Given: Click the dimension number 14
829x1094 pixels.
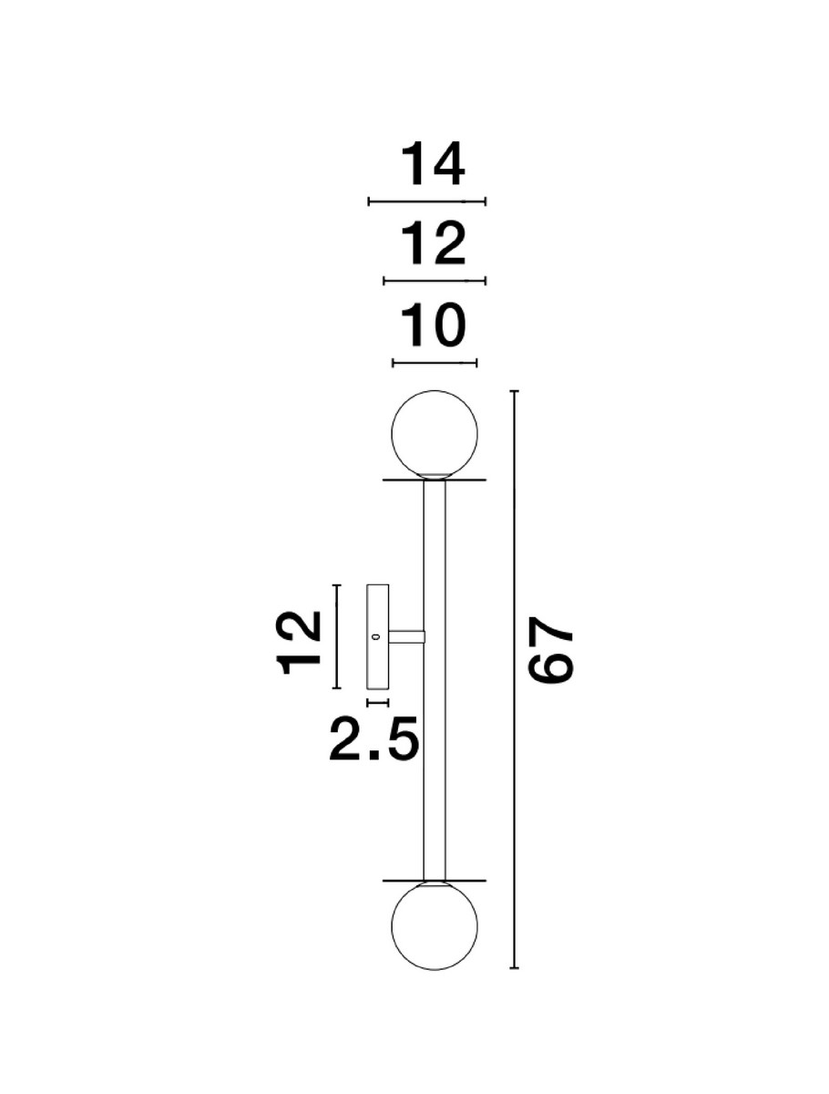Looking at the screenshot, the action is (433, 164).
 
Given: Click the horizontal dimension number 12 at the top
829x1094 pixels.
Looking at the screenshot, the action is (433, 244).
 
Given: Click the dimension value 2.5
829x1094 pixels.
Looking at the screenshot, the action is (374, 753).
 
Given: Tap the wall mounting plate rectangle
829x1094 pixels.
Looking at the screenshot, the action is (377, 636).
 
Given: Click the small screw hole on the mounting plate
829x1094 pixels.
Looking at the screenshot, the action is (376, 636).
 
